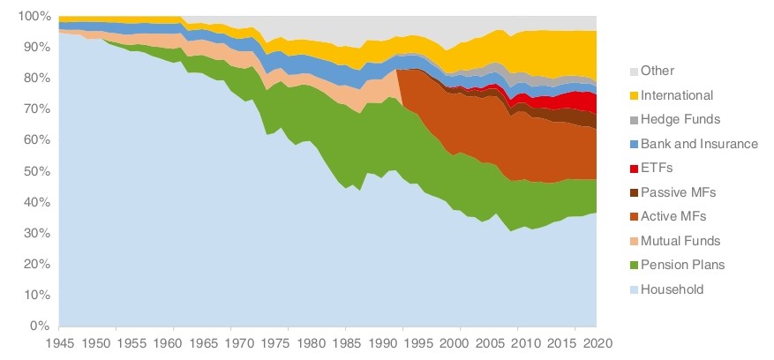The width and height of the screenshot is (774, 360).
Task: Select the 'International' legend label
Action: [677, 94]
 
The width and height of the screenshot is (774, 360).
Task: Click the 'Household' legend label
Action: [673, 289]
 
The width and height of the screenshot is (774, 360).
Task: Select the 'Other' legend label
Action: [657, 71]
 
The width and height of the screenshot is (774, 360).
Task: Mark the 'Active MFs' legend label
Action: [673, 216]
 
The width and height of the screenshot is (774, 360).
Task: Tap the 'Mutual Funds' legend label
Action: [680, 240]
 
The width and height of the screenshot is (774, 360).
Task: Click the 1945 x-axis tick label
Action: [58, 342]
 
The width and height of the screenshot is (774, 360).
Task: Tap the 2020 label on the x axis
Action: [596, 342]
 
